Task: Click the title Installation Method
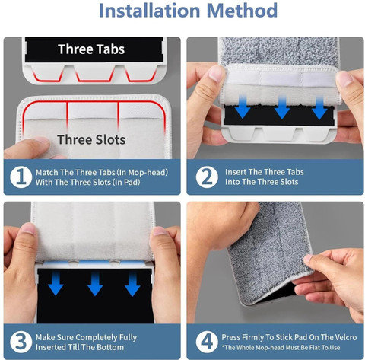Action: pos(188,11)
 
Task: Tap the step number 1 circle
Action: pos(21,177)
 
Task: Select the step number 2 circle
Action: pos(207,177)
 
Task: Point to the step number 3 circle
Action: pos(21,342)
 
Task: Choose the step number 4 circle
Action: pos(207,342)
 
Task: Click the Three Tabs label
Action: pos(91,49)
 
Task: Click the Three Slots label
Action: pos(91,139)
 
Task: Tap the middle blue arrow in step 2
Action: pos(282,107)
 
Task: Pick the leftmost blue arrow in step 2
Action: pos(243,107)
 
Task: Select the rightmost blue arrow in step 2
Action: pos(319,108)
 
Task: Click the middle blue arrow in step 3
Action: pos(95,284)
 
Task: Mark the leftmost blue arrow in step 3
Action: pos(56,283)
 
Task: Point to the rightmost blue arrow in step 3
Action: pos(132,284)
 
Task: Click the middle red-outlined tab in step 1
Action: pos(96,73)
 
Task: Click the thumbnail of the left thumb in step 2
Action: pos(216,73)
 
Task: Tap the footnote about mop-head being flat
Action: pos(281,348)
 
